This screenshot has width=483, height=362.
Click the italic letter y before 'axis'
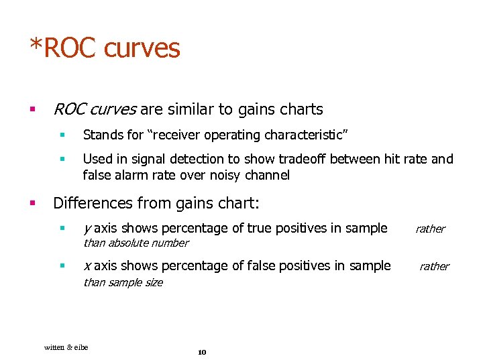click(87, 229)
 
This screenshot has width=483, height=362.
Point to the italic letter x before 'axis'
click(87, 266)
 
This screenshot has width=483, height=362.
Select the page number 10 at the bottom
click(203, 353)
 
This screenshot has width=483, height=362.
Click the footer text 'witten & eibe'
click(66, 347)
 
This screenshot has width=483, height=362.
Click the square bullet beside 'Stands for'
click(61, 135)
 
